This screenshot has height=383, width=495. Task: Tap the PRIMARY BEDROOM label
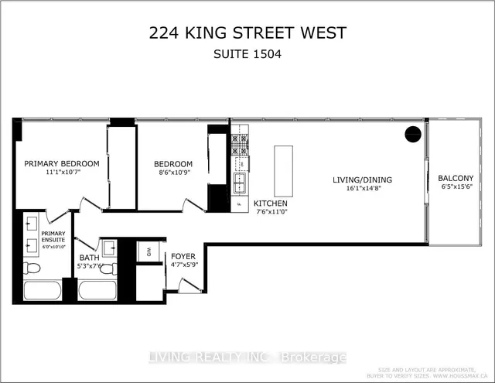[x=61, y=163]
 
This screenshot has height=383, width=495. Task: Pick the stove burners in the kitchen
[x=240, y=143]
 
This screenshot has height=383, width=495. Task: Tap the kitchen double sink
[x=240, y=183]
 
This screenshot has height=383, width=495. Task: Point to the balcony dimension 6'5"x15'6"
[x=458, y=187]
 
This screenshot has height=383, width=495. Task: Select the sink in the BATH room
[x=110, y=248]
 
